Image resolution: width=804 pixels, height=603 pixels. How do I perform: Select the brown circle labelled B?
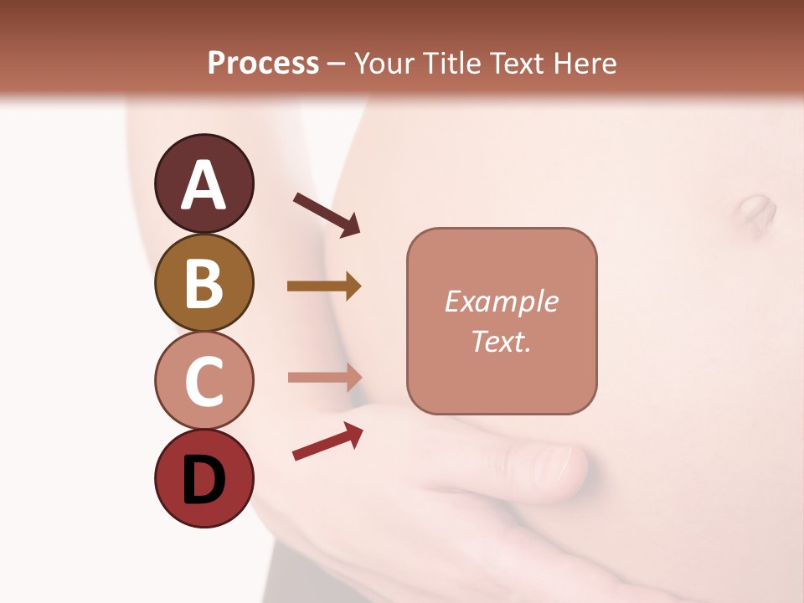pos(204,282)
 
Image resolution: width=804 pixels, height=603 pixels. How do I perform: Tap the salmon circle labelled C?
pos(204,380)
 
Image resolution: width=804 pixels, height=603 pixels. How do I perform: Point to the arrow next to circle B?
pos(324,286)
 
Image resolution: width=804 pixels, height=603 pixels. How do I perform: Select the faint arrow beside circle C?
pos(324,377)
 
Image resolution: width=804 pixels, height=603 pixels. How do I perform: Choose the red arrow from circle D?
pos(327,441)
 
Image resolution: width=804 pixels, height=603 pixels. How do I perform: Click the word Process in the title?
pos(263,63)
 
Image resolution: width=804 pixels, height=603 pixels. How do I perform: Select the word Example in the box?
pos(502,301)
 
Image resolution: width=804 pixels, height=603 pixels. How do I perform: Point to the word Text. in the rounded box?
pos(502,341)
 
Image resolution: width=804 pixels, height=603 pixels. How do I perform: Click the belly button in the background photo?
pos(756,214)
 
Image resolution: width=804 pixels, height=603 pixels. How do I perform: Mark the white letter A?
pos(204,184)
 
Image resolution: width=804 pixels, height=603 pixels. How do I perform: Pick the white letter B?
pos(204,282)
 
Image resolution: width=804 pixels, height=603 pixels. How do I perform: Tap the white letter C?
pos(204,381)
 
